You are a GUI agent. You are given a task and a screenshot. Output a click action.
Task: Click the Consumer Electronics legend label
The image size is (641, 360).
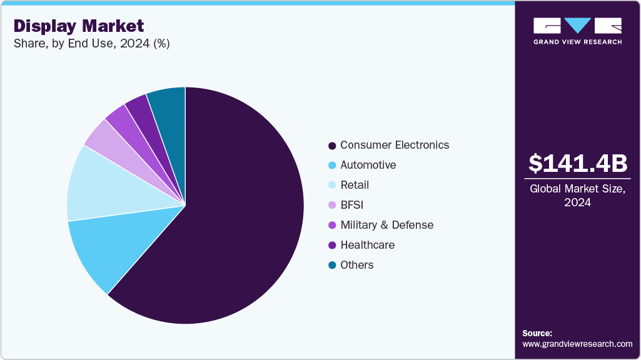(x=395, y=145)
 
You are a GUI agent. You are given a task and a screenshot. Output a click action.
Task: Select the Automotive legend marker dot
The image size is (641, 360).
(x=332, y=166)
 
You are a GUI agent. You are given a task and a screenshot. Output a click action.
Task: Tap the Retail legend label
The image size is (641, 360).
(x=355, y=185)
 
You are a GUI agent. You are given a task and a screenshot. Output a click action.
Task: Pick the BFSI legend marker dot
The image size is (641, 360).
(x=332, y=206)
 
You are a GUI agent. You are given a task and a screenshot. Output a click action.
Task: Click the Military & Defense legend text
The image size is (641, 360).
(x=386, y=225)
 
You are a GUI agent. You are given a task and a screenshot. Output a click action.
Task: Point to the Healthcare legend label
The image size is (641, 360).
(x=367, y=245)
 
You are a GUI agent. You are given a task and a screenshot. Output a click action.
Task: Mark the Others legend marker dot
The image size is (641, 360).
(x=332, y=266)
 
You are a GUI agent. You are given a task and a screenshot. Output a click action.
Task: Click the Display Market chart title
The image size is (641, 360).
(x=79, y=26)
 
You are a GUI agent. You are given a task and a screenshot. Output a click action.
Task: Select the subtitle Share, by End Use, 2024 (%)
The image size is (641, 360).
(x=92, y=43)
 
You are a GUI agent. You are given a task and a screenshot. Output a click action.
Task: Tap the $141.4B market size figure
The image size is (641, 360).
(x=577, y=164)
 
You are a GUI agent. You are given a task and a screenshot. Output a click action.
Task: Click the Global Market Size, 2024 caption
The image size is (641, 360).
(x=577, y=195)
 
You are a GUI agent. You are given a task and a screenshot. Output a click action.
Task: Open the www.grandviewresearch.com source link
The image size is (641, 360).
(x=577, y=344)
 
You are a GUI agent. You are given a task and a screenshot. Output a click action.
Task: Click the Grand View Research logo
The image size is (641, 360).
(x=577, y=31)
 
